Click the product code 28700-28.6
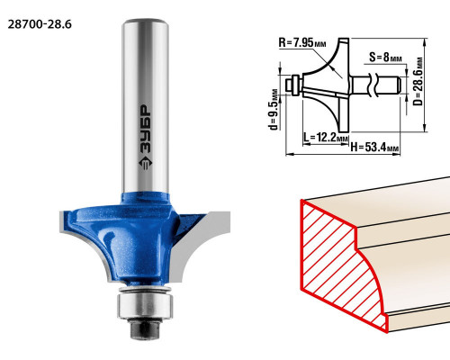(x=40, y=24)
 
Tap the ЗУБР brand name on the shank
(x=146, y=130)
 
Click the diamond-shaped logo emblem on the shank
(x=146, y=163)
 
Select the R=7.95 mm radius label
(x=302, y=43)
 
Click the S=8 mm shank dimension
(x=385, y=57)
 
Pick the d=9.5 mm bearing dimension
(x=274, y=109)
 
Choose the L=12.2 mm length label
(x=326, y=138)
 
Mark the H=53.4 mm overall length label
(x=375, y=148)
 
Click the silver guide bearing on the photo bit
(x=145, y=305)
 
